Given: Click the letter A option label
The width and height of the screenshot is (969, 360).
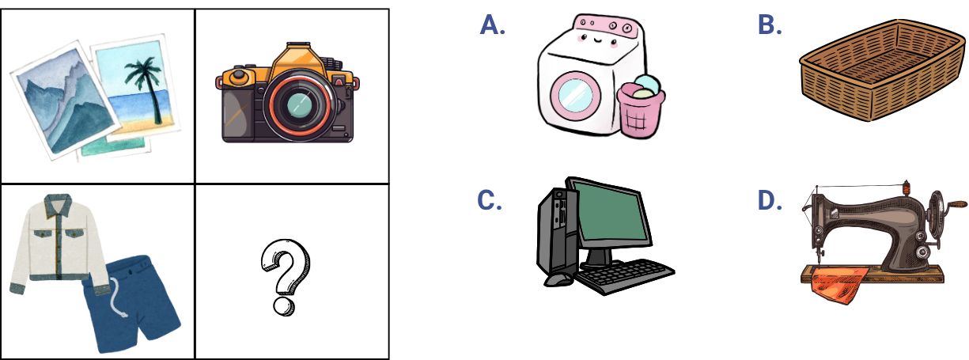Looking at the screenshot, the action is (x=492, y=25).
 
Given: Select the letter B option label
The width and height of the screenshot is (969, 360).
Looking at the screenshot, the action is (x=770, y=25).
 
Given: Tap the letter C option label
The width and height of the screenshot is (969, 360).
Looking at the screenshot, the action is (x=490, y=200).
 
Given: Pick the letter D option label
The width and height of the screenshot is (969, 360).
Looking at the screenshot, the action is (x=770, y=200).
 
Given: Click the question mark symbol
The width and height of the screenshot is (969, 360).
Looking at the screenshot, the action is (x=285, y=277).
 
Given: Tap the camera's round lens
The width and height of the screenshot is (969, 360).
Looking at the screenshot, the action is (x=299, y=105).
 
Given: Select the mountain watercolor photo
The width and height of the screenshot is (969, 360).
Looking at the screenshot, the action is (x=65, y=100).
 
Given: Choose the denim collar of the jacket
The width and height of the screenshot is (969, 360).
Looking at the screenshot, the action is (x=58, y=205).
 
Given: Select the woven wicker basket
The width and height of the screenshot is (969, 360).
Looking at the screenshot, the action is (x=883, y=70).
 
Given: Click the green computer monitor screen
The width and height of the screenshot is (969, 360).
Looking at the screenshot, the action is (x=611, y=215).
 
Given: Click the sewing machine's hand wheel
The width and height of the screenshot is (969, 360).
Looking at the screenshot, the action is (x=937, y=215).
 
